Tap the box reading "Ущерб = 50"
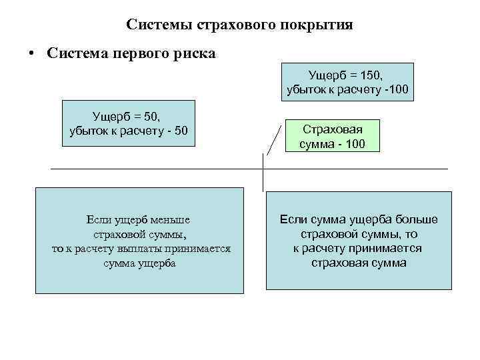[128, 123]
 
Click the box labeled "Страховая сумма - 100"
[331, 137]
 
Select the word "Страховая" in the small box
[331, 131]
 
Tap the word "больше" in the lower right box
[415, 220]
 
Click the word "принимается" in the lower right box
[383, 249]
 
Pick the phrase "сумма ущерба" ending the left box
[140, 263]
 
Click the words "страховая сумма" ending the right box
[358, 263]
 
